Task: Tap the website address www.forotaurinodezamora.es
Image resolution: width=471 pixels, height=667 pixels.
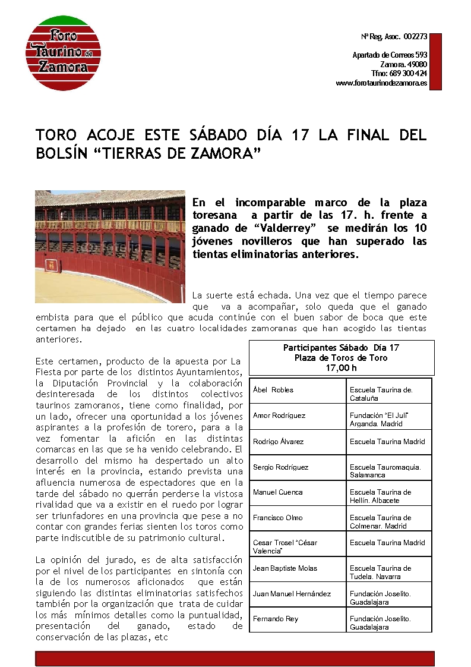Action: pos(381,83)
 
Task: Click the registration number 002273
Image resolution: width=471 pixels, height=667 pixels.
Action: pos(415,37)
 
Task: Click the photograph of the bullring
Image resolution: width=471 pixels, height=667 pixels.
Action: pos(110,246)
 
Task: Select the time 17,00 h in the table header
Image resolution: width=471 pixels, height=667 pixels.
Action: pos(341,367)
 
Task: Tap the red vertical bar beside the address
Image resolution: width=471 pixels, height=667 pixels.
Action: pos(435,61)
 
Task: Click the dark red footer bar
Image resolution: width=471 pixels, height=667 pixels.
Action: pos(235,658)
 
